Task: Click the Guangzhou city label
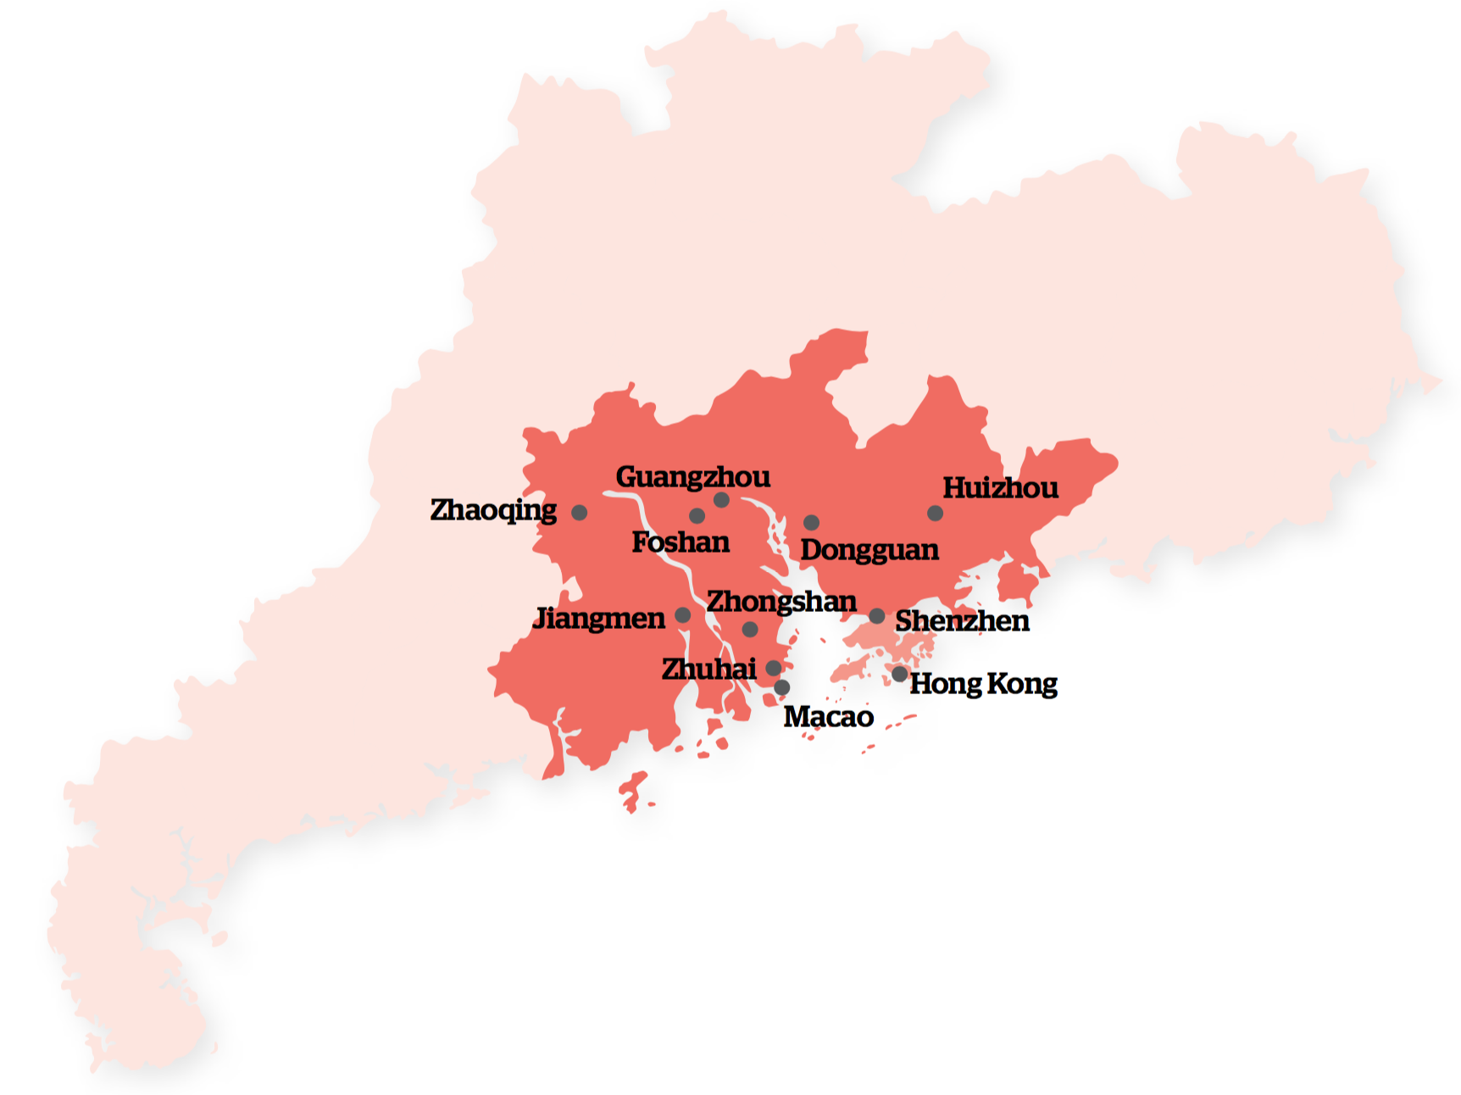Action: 692,477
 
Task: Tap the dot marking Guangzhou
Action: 721,500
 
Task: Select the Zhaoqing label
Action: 493,510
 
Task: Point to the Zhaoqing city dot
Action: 579,513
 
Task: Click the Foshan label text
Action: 681,542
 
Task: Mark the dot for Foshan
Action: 697,516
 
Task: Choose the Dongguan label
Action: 869,550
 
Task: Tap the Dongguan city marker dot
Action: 811,523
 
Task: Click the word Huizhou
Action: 1000,488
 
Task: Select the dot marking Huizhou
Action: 935,514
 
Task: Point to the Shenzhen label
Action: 962,621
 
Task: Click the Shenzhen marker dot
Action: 877,616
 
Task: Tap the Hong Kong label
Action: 983,684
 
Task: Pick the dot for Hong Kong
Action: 899,675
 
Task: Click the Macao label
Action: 828,717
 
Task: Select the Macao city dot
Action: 782,687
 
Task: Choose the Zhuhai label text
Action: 708,670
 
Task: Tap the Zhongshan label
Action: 781,602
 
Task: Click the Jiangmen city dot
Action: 682,615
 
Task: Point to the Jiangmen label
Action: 599,619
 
